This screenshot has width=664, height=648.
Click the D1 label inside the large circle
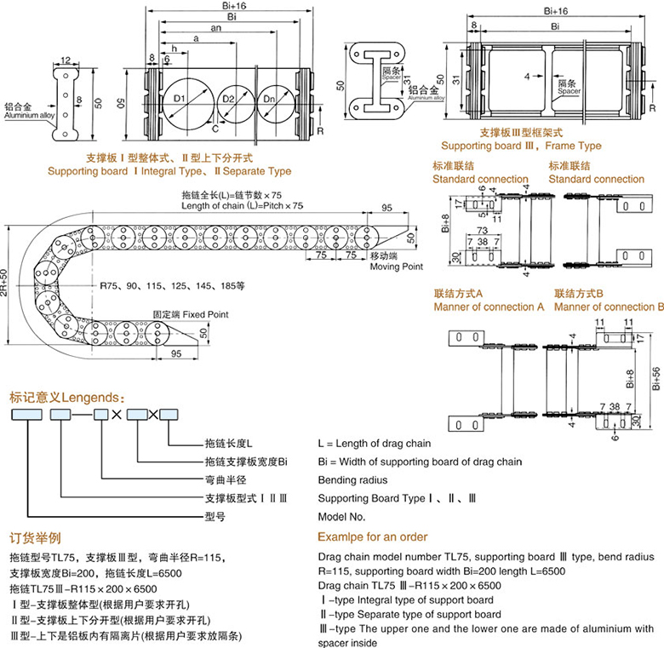pos(180,100)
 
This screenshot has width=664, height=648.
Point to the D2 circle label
pos(227,100)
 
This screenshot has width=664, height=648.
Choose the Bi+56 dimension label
pos(655,375)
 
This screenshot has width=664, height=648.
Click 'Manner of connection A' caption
pos(489,307)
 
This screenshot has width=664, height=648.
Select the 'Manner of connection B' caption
pos(609,307)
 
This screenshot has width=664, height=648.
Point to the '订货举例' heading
pos(35,537)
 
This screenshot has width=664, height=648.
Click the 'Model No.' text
pos(341,516)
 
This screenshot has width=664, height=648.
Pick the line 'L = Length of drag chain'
pos(374,444)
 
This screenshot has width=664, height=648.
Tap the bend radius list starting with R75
pos(171,285)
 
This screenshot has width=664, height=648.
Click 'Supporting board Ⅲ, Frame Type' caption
pos(521,146)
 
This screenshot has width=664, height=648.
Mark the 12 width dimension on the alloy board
pos(66,61)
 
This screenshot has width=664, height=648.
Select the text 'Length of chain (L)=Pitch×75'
pos(242,206)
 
